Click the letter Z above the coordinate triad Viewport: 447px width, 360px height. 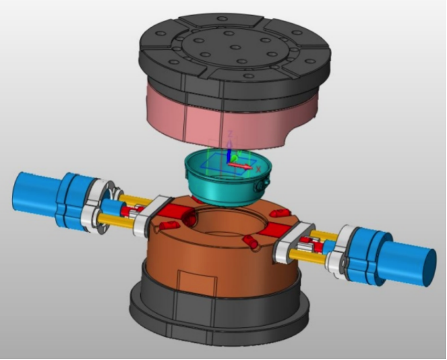tap(230, 133)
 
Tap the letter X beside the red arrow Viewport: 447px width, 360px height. tap(259, 169)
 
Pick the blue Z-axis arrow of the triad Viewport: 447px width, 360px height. tap(229, 153)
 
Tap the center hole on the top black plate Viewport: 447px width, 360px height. tap(235, 47)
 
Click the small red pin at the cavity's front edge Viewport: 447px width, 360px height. tap(250, 241)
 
